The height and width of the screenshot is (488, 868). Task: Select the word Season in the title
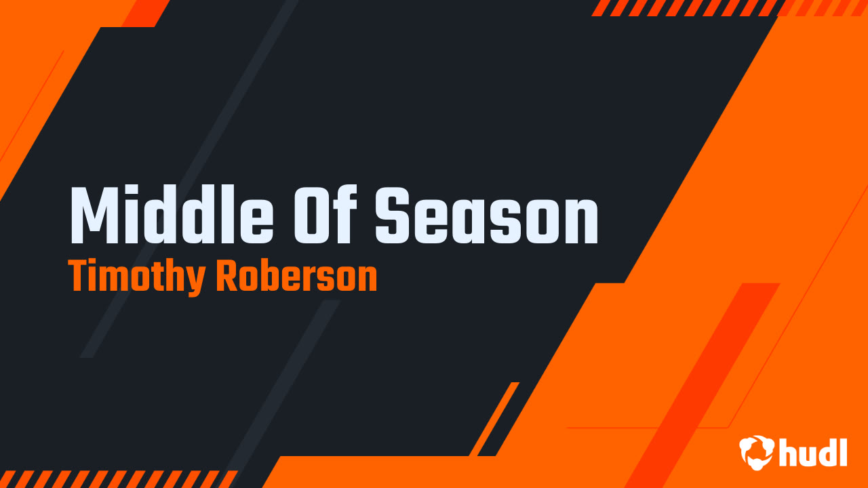coord(487,216)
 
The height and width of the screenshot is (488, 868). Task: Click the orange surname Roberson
coord(296,277)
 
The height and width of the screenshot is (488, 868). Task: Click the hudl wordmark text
coord(813,452)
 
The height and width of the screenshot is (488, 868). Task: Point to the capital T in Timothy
coord(79,277)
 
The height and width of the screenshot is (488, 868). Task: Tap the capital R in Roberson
coord(226,277)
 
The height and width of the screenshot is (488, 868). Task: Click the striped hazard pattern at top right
coord(685,7)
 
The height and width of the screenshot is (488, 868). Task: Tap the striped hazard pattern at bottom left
coord(115,479)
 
